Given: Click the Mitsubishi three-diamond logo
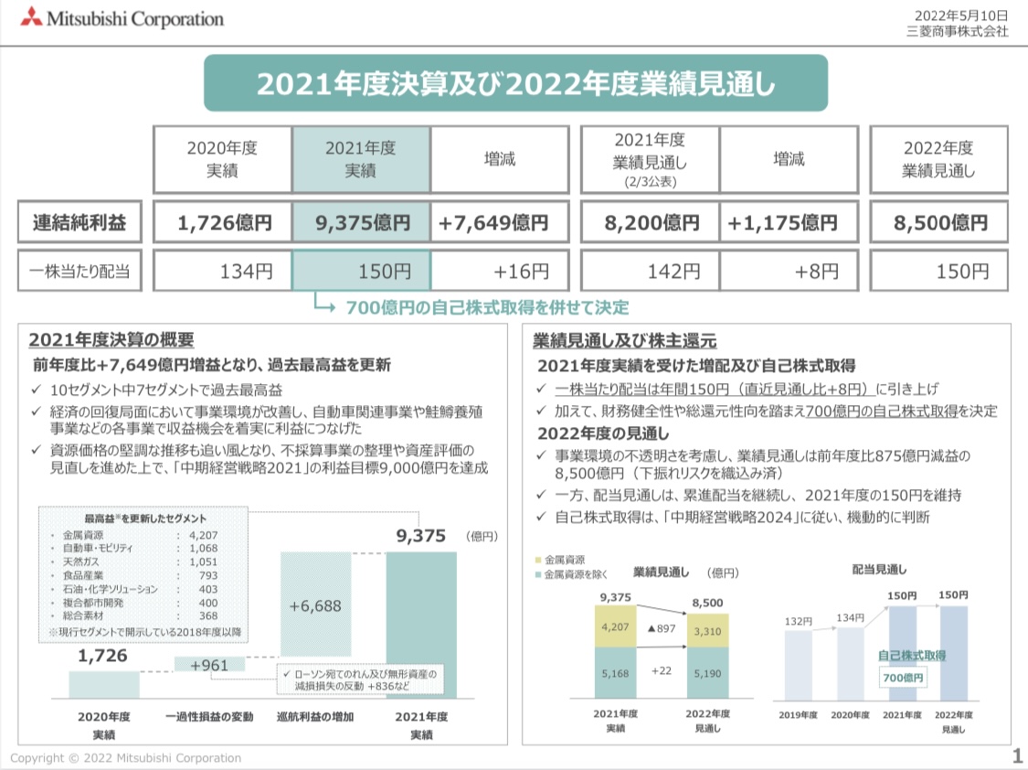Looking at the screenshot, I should coord(31,16).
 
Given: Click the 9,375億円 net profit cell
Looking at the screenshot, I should coord(361,222).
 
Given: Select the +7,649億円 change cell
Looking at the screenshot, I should coord(499,222).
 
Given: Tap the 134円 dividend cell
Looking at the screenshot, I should coord(222,272).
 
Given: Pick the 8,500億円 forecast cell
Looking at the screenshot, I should coord(938,222).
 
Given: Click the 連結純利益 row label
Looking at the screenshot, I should coord(79,222).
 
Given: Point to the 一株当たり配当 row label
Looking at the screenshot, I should coord(79,271).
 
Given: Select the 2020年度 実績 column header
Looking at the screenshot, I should coord(222,159).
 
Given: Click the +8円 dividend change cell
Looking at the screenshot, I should coord(789,272).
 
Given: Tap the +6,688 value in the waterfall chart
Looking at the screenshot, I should coord(315,605).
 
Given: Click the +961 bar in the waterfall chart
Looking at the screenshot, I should coord(209,665).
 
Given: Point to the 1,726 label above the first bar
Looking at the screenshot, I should coord(102,655).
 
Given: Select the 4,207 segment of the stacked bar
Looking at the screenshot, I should coord(615,627).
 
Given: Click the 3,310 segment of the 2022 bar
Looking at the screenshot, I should coord(707,631).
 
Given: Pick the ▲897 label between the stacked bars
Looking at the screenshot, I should coord(661,628).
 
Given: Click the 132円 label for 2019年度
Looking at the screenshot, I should coord(798,622).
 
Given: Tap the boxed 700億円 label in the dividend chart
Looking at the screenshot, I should coord(902,678).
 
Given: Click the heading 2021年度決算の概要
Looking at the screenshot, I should coord(111,340).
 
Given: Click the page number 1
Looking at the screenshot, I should coord(1017,756).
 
